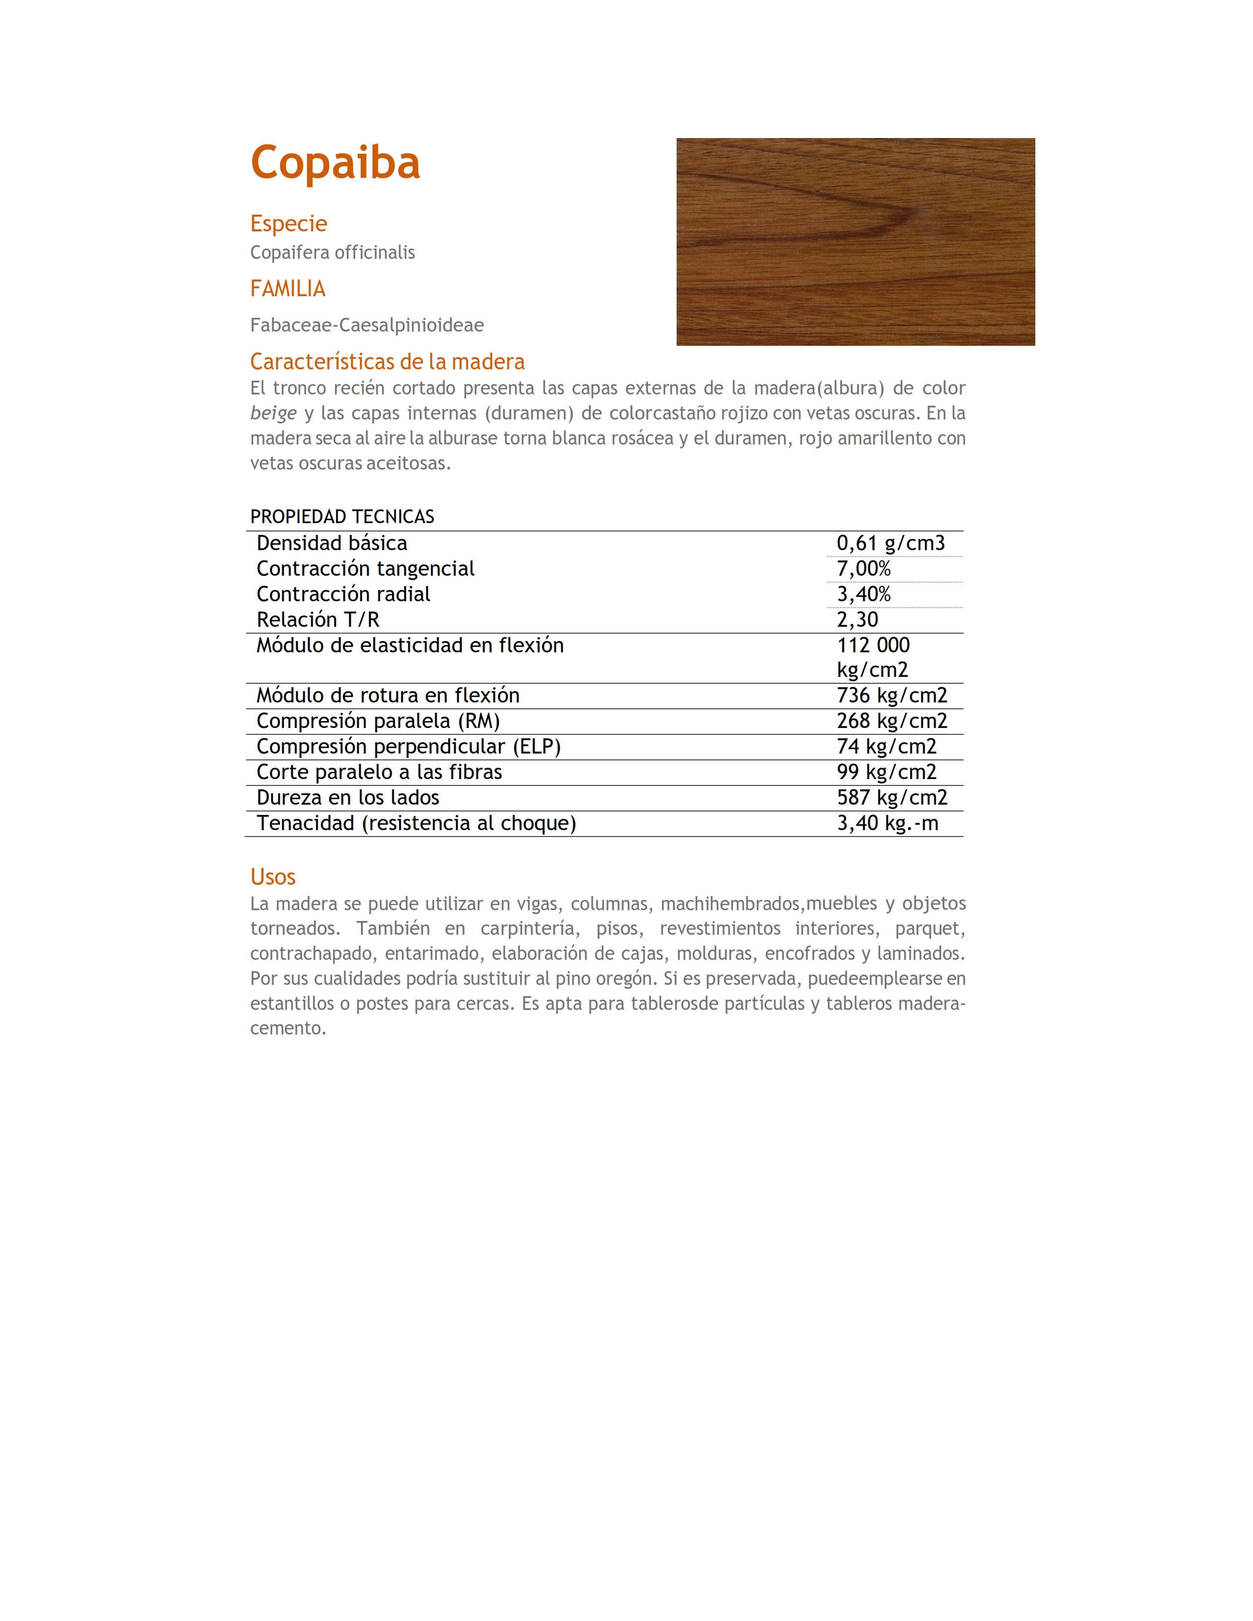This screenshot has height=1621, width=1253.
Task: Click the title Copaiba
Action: coord(335,163)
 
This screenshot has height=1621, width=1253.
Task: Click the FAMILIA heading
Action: coord(287,289)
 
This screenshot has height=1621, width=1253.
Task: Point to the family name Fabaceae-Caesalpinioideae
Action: coord(367,325)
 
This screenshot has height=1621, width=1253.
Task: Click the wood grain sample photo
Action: coord(855,242)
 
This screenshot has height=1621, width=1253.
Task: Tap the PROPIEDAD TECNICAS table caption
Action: coord(342,517)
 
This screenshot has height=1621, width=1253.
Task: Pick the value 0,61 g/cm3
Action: coord(890,543)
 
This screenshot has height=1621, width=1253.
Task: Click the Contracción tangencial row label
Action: coord(365,568)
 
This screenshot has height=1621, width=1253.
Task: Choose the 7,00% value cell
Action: coord(863,568)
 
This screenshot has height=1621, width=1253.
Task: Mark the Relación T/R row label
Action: coord(318,620)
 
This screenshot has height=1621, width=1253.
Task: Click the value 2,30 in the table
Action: coord(857,620)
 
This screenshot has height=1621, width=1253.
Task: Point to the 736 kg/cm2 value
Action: coord(891,696)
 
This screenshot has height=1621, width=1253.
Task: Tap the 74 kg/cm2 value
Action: coord(886,747)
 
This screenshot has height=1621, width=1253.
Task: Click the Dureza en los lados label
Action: coord(347,798)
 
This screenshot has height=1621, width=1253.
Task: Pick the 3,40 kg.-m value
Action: coord(887,823)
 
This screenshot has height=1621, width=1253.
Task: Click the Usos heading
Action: coord(272,877)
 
